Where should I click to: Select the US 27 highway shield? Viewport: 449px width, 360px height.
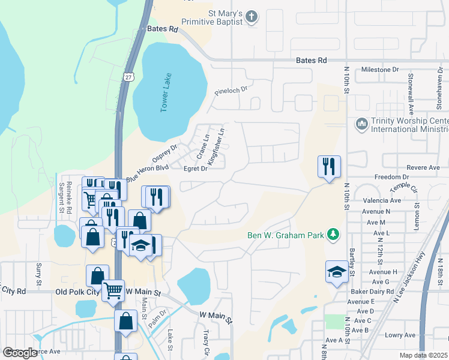[128, 76]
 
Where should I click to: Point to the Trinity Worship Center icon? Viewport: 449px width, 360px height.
[361, 124]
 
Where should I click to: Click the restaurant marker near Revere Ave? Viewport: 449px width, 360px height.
[329, 166]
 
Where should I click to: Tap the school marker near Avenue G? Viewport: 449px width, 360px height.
[337, 272]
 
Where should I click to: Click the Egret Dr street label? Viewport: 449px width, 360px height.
[195, 169]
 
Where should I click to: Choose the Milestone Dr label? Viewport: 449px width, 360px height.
[379, 70]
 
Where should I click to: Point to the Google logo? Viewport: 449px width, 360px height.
[20, 352]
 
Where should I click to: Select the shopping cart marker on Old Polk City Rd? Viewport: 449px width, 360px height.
[113, 290]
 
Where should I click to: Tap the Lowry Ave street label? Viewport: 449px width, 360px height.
[400, 335]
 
